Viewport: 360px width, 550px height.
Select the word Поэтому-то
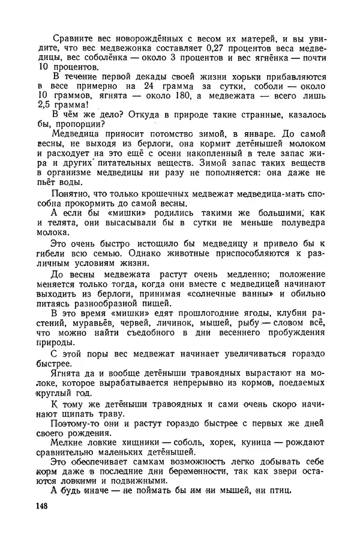point(76,423)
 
